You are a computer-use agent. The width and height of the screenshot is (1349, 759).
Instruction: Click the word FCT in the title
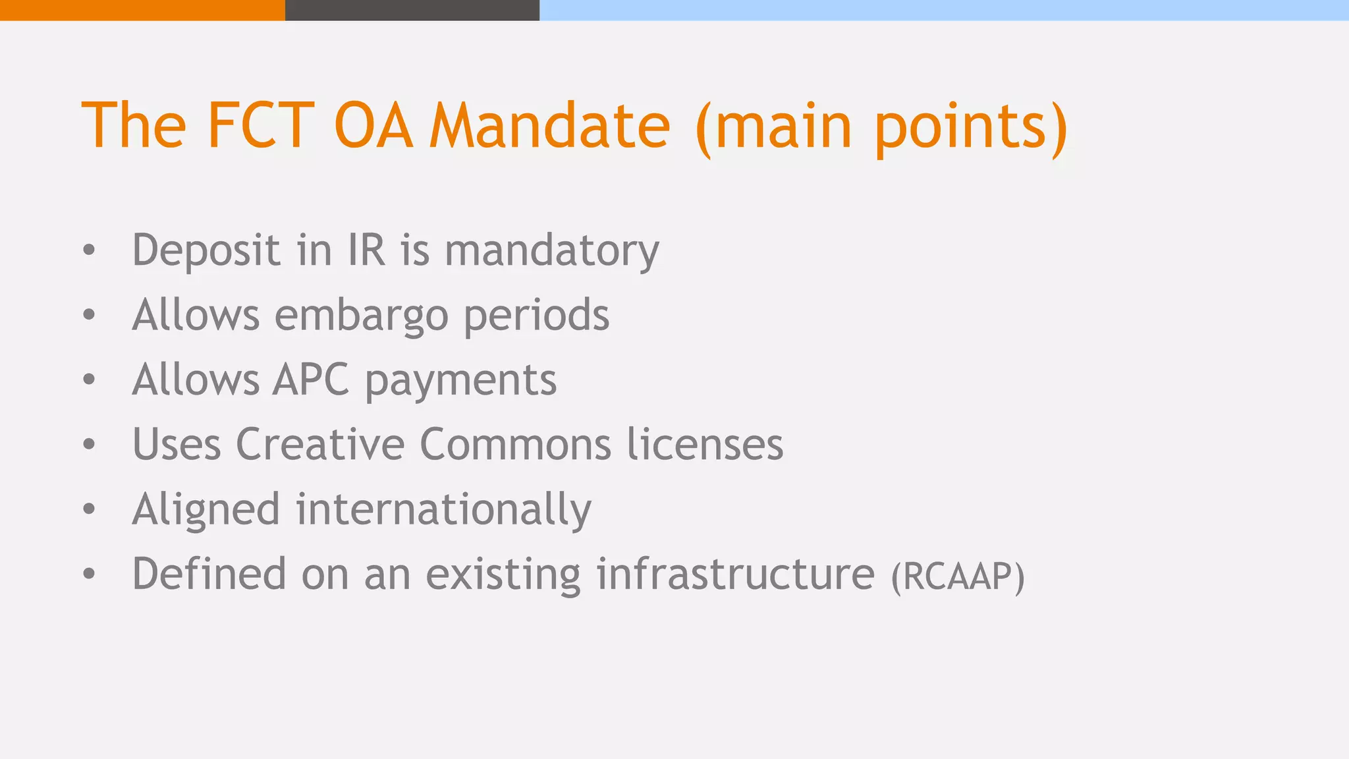[x=260, y=125]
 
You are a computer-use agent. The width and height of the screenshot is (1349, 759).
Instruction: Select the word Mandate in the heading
[x=550, y=125]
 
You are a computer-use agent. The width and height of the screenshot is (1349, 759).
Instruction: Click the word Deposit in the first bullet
[x=206, y=250]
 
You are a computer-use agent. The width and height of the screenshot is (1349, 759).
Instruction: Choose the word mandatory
[x=552, y=251]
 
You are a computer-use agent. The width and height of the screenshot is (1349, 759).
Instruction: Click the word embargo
[x=362, y=315]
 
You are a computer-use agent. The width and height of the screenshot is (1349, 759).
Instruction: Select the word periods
[x=537, y=316]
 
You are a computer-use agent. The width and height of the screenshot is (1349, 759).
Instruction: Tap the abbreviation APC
[x=311, y=379]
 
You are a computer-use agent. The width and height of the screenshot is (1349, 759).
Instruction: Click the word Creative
[x=320, y=444]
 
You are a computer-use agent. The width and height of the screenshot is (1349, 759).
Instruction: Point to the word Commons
[x=516, y=444]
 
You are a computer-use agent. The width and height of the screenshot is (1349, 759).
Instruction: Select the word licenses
[x=705, y=444]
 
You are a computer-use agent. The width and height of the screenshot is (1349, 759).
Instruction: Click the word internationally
[x=443, y=509]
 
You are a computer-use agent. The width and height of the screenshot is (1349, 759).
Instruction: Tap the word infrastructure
[x=735, y=574]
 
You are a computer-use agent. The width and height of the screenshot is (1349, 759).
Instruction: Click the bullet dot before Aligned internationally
[x=89, y=509]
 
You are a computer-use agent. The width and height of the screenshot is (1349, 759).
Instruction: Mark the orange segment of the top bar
[x=142, y=10]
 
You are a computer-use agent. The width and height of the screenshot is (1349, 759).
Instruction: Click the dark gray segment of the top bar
[x=412, y=10]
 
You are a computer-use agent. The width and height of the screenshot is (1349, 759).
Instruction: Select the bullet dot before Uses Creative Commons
[x=89, y=445]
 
